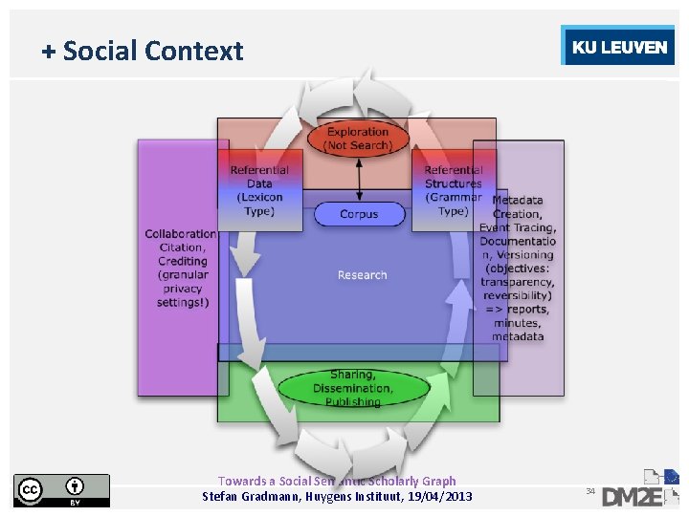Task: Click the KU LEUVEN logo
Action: pyautogui.click(x=618, y=47)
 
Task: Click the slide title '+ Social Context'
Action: pyautogui.click(x=143, y=51)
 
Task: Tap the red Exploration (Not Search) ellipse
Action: pyautogui.click(x=358, y=139)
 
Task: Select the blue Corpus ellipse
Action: pyautogui.click(x=359, y=214)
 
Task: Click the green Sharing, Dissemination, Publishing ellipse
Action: pyautogui.click(x=352, y=388)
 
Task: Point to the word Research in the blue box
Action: pyautogui.click(x=362, y=275)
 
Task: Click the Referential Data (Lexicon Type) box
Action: pyautogui.click(x=259, y=190)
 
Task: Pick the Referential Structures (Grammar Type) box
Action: pyautogui.click(x=453, y=190)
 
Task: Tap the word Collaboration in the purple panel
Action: pyautogui.click(x=180, y=234)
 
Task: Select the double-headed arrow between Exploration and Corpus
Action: pyautogui.click(x=359, y=179)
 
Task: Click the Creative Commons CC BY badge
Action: pyautogui.click(x=61, y=489)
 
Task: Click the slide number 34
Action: pyautogui.click(x=590, y=491)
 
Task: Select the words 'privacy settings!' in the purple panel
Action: pyautogui.click(x=182, y=295)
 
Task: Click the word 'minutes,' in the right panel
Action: pyautogui.click(x=517, y=323)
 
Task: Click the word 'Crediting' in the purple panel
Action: pyautogui.click(x=182, y=261)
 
